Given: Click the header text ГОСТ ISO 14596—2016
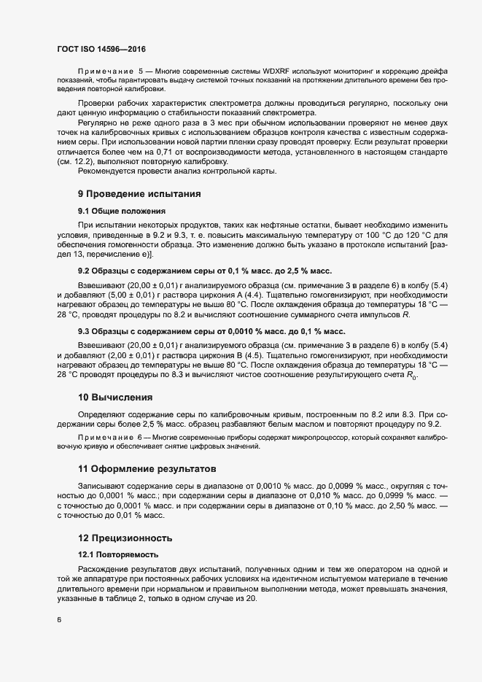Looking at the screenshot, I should pyautogui.click(x=101, y=49).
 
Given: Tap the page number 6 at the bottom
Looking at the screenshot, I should pyautogui.click(x=58, y=619).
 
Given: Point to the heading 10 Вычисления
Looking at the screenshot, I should pyautogui.click(x=115, y=398).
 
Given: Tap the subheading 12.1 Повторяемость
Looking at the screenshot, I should pyautogui.click(x=117, y=554).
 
